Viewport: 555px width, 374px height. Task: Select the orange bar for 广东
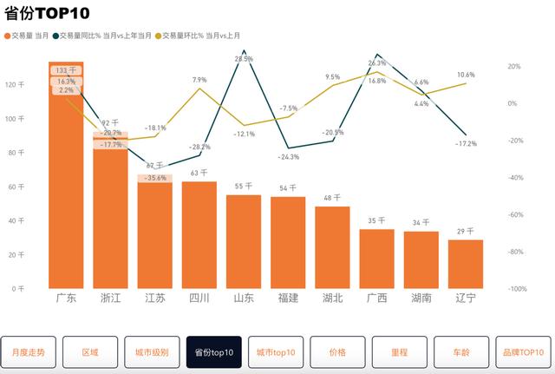(67, 191)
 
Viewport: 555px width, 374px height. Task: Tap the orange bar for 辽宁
(466, 264)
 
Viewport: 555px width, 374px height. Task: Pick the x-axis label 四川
(199, 298)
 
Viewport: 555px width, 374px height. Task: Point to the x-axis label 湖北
(332, 298)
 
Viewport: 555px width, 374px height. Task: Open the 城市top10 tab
(276, 352)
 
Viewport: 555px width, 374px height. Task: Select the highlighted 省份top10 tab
(214, 352)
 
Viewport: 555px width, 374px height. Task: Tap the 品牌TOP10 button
(524, 352)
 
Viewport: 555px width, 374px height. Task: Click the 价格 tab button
(338, 352)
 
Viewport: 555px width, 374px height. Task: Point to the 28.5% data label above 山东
(244, 59)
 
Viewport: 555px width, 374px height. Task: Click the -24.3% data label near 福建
(288, 157)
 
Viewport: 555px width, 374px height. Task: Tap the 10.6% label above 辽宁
(465, 75)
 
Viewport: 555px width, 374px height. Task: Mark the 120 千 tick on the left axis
(15, 85)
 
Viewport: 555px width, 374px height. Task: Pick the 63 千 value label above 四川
(199, 173)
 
